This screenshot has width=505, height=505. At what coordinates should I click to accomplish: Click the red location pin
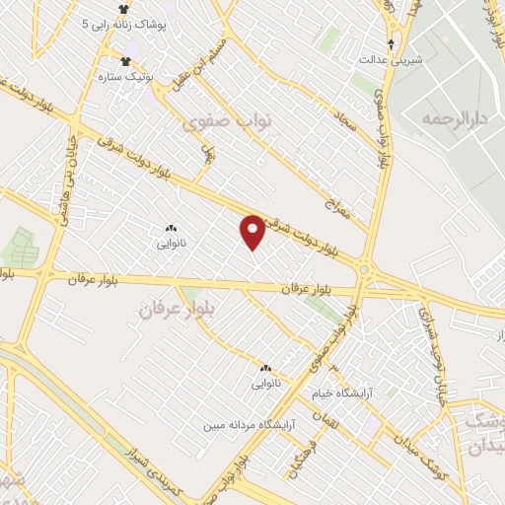coord(252,231)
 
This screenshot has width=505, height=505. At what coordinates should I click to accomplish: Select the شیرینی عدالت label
coord(392,59)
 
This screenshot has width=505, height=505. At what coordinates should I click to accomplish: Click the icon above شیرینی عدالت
coord(392,44)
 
